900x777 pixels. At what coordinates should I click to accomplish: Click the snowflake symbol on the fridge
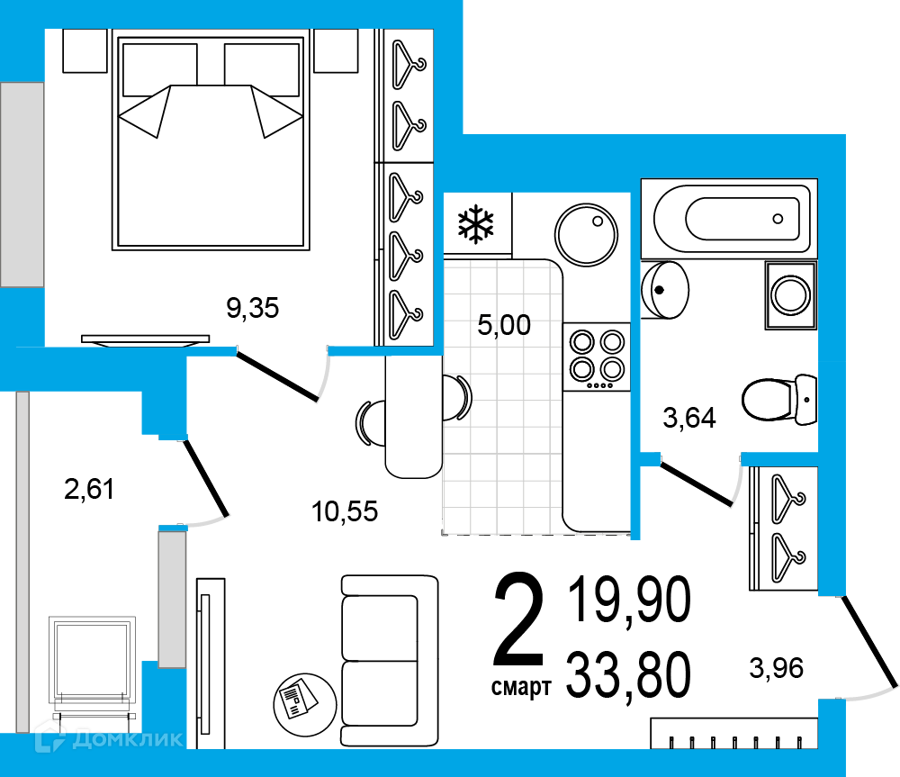476,224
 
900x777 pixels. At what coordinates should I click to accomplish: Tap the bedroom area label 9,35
253,309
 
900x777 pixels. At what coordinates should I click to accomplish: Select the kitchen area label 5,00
504,325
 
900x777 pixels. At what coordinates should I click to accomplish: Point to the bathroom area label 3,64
689,418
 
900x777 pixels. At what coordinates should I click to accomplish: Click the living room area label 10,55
345,511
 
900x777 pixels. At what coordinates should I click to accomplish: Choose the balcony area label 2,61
89,489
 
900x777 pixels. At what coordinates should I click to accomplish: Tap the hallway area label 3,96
776,668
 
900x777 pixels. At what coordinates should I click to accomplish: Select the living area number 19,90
630,600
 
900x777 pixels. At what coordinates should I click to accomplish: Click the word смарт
521,686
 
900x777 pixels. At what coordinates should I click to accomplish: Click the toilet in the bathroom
779,399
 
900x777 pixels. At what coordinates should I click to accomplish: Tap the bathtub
730,218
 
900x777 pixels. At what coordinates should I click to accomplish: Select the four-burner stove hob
597,357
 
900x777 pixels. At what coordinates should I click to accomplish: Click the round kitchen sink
586,234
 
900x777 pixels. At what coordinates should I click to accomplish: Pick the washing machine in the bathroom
791,294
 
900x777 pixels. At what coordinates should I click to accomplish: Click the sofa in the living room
390,661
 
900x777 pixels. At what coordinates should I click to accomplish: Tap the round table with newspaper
305,705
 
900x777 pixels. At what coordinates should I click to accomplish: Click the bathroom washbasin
665,290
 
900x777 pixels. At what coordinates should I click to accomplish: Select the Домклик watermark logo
109,738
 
